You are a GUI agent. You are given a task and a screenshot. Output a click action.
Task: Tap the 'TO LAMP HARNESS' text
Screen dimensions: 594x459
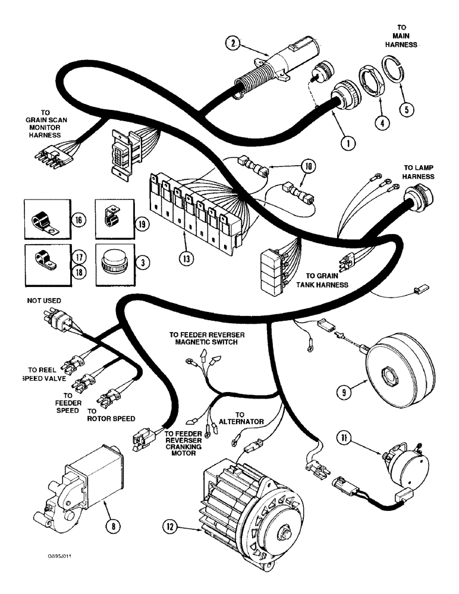pos(419,172)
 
